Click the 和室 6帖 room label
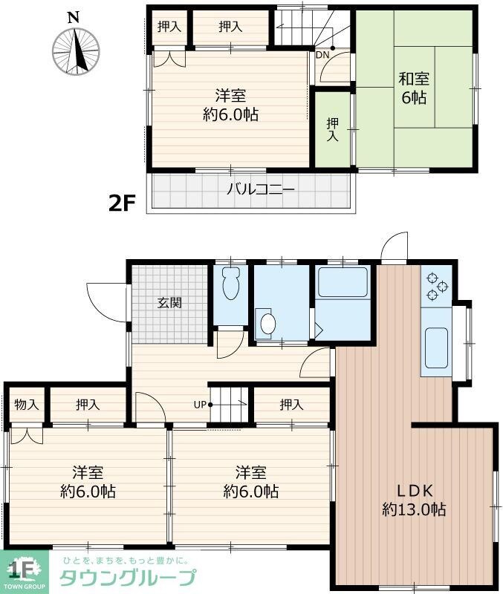tap(415, 88)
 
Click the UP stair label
tap(200, 405)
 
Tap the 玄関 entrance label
tap(169, 303)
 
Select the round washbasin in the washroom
tap(267, 323)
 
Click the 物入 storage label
tap(27, 405)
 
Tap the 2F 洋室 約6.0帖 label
tap(230, 105)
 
